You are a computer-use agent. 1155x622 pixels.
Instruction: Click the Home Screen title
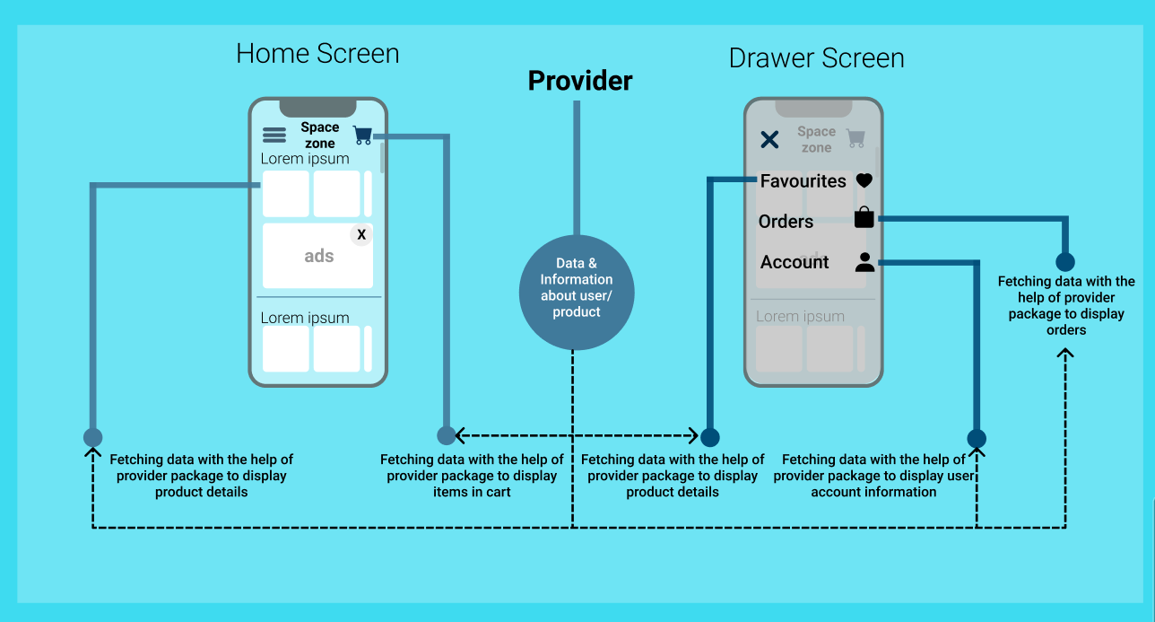pyautogui.click(x=317, y=54)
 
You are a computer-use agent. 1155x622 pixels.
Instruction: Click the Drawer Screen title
pyautogui.click(x=816, y=58)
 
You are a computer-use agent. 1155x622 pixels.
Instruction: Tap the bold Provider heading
pyautogui.click(x=579, y=81)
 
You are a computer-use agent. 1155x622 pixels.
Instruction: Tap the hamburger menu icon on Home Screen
pyautogui.click(x=274, y=136)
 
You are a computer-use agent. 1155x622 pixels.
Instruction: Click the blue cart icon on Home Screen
pyautogui.click(x=362, y=136)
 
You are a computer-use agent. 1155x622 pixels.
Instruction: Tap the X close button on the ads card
pyautogui.click(x=361, y=235)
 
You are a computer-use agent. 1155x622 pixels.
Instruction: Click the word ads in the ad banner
pyautogui.click(x=319, y=256)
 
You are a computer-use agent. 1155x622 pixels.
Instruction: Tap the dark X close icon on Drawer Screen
pyautogui.click(x=769, y=139)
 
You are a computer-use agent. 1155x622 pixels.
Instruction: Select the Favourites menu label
pyautogui.click(x=803, y=181)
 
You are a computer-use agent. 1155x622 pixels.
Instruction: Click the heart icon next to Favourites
pyautogui.click(x=864, y=181)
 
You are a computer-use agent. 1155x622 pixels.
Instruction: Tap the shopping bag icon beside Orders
pyautogui.click(x=864, y=218)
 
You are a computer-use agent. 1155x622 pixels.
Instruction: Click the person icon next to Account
pyautogui.click(x=864, y=262)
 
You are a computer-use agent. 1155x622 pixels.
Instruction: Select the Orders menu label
pyautogui.click(x=786, y=222)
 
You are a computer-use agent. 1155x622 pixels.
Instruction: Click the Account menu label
pyautogui.click(x=795, y=262)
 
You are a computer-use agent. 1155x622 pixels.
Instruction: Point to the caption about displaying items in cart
pyautogui.click(x=472, y=476)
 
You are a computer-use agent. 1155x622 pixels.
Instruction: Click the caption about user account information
pyautogui.click(x=873, y=476)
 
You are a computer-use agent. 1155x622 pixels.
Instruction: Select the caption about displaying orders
pyautogui.click(x=1066, y=306)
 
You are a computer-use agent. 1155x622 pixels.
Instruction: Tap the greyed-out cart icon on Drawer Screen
pyautogui.click(x=855, y=138)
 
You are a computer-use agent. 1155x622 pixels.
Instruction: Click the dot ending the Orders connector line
pyautogui.click(x=1064, y=262)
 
